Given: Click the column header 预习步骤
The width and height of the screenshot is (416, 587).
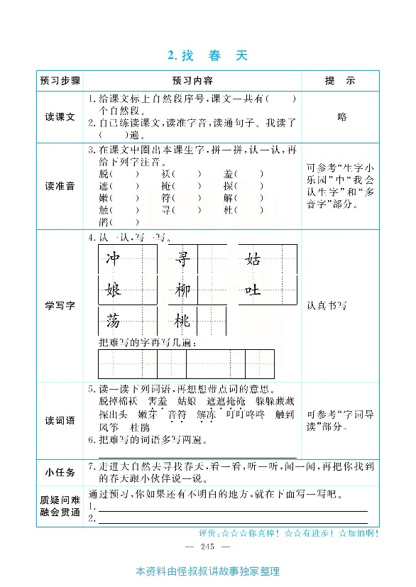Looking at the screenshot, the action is tap(60, 80).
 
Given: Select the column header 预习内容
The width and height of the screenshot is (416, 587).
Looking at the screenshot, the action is tap(192, 80).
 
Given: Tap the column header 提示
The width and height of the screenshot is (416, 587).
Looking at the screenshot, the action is tap(340, 80).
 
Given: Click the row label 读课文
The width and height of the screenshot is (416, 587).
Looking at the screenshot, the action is tap(60, 117).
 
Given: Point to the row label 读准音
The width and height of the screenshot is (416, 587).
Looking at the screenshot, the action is tap(60, 186).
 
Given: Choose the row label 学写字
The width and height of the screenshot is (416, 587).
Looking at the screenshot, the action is tap(60, 305).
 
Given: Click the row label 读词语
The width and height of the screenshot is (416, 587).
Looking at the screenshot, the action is tap(60, 420).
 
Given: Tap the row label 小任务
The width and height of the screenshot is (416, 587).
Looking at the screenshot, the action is tap(60, 471).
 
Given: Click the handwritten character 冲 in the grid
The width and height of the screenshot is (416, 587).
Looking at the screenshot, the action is tap(113, 259).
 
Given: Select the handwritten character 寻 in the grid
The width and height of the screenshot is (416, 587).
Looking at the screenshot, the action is tap(182, 259).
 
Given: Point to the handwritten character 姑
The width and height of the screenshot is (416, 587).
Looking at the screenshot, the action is tap(253, 259).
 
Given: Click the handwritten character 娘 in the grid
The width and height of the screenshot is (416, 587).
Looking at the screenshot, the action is tap(113, 290).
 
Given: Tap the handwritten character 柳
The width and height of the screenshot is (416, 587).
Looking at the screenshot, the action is tap(182, 290).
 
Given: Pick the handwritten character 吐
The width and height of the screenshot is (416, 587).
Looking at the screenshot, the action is tap(253, 290).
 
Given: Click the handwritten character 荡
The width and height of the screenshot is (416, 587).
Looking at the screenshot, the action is tap(113, 321).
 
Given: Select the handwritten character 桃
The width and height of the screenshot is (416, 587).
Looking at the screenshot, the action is tap(182, 321).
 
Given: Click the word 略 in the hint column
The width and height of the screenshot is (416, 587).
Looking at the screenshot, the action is tap(342, 117).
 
